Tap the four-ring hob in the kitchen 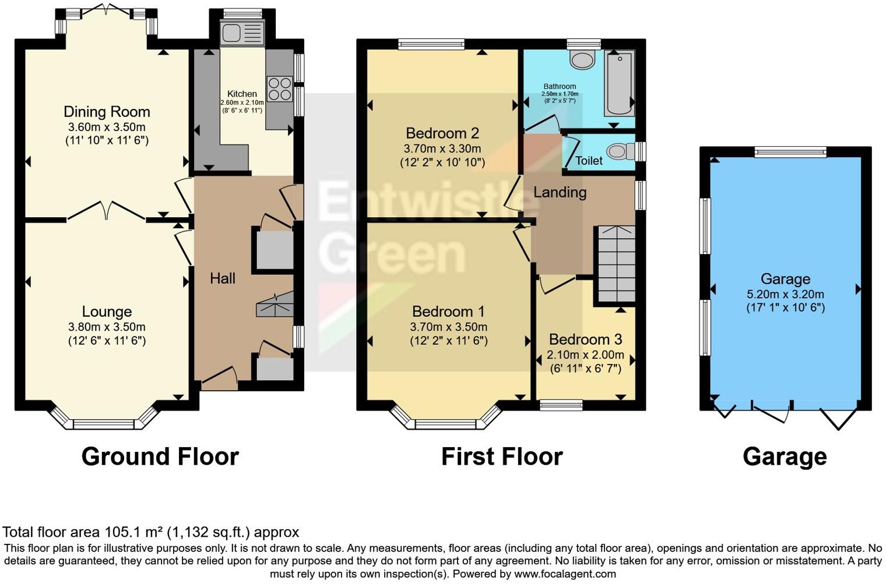[x=279, y=89]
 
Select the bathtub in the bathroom [x=620, y=83]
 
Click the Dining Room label [x=107, y=112]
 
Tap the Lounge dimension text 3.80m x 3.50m [x=107, y=327]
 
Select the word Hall [x=223, y=279]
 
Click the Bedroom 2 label [x=442, y=133]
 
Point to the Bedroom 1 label [x=448, y=312]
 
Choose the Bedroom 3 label [x=585, y=339]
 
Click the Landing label [x=560, y=192]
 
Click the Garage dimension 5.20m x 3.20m [x=785, y=294]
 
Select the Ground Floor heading [x=160, y=456]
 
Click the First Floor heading [x=502, y=456]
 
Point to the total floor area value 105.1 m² [x=133, y=532]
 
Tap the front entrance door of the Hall [x=219, y=378]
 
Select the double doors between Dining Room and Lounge [x=106, y=212]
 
